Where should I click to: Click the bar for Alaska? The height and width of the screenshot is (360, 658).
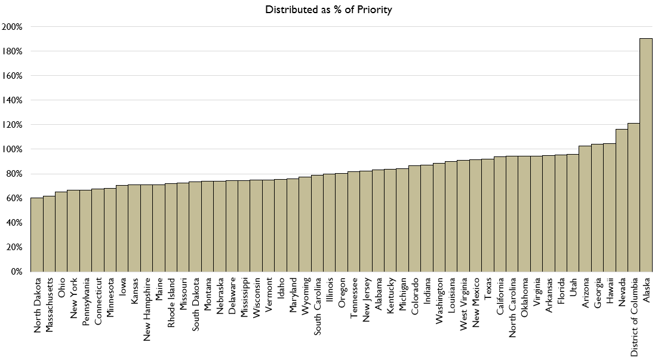coord(645,155)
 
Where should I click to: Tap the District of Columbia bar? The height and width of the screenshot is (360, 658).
coord(634,198)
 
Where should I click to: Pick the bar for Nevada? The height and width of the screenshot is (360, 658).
coord(622,201)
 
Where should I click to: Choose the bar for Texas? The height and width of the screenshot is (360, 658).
coord(487,215)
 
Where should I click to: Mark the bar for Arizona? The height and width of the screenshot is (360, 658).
coord(585,209)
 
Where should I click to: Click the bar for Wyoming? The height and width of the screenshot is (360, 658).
coord(305,224)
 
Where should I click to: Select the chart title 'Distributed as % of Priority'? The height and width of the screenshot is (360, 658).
coord(329,10)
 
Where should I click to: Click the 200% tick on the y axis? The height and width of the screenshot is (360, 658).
coord(13,27)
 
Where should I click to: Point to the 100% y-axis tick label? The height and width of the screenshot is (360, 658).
coord(13,149)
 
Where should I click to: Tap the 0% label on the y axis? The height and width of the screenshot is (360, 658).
coord(16,272)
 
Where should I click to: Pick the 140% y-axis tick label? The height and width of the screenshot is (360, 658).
coord(13,100)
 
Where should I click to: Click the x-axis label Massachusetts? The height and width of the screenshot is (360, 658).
coord(50,301)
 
